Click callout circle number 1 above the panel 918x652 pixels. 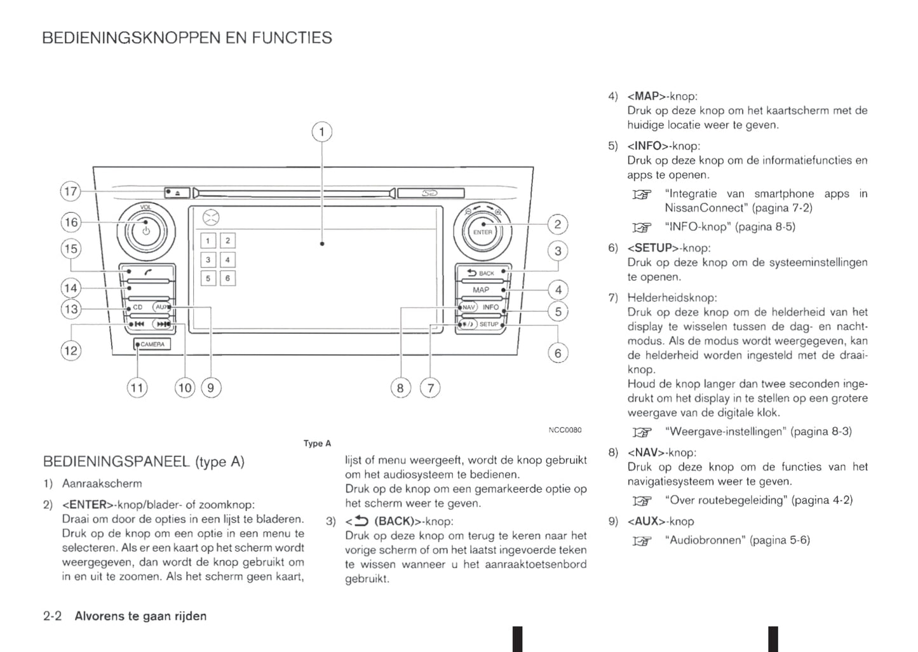click(321, 132)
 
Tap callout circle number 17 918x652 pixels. click(71, 191)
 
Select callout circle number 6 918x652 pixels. click(558, 353)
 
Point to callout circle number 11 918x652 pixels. click(137, 388)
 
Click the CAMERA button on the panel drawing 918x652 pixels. click(152, 344)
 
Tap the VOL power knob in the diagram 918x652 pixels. click(145, 231)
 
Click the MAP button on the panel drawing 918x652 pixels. click(481, 290)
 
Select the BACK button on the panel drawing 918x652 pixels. click(481, 273)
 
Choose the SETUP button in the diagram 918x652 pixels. click(489, 324)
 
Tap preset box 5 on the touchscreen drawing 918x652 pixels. click(208, 278)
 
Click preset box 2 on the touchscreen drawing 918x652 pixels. click(227, 240)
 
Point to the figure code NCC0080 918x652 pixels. click(565, 430)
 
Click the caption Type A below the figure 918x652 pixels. click(317, 444)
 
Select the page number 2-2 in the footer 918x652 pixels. click(52, 616)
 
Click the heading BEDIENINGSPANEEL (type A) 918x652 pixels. click(144, 461)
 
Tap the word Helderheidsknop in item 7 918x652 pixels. click(672, 297)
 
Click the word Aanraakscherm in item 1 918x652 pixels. click(102, 484)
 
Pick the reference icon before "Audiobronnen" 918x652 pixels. click(642, 541)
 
